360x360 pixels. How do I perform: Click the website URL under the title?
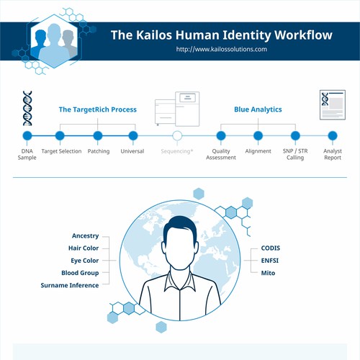pos(222,49)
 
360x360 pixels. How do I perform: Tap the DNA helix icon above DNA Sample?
pos(27,108)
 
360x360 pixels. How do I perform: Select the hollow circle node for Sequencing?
pos(177,135)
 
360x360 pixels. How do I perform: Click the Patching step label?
pos(99,151)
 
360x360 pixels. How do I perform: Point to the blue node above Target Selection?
pos(60,135)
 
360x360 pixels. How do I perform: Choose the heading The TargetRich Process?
pos(98,109)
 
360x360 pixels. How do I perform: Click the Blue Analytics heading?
pos(258,109)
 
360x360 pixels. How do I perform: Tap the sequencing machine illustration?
pos(177,109)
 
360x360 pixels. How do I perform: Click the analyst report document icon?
pos(333,104)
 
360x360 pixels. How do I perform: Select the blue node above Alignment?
pos(258,135)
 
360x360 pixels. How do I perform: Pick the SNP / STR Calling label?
pos(295,154)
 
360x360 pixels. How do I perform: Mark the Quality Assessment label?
pos(221,154)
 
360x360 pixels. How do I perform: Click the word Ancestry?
pos(86,235)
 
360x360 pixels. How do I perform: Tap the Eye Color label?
pos(85,261)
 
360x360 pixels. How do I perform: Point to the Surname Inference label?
pos(70,285)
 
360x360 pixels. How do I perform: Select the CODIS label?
pos(271,248)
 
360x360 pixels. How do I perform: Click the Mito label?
pos(268,273)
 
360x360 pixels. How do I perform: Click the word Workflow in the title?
pos(303,35)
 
